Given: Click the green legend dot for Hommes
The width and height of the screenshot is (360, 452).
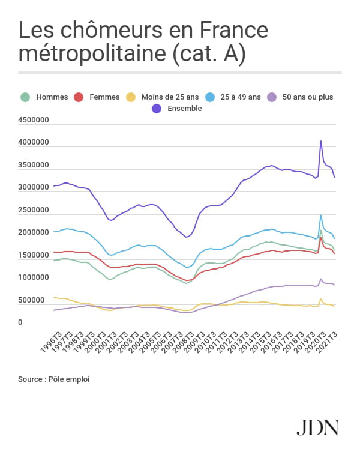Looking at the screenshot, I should click(25, 97).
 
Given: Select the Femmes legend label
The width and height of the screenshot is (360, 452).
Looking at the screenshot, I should click(104, 97).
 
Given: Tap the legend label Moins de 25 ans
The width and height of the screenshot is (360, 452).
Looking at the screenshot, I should click(170, 97).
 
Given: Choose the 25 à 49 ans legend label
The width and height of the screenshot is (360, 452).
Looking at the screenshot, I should click(241, 97).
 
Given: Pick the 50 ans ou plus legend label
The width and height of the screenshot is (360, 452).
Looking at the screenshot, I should click(307, 97).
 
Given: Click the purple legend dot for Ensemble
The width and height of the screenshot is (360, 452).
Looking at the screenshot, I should click(157, 109).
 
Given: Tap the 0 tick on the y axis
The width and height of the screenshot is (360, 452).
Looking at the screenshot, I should click(20, 322).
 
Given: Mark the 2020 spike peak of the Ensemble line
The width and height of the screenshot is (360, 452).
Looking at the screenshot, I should click(321, 141).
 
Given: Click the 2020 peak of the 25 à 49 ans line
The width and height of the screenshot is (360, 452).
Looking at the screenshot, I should click(321, 215).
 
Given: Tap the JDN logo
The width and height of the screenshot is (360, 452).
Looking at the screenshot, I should click(318, 427).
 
